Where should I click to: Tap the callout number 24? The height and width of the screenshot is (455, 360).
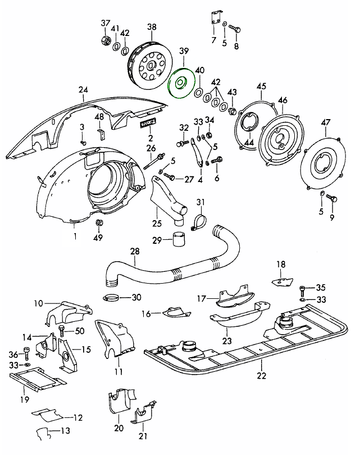coord(84,89)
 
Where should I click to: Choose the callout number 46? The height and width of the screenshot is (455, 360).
coord(282,101)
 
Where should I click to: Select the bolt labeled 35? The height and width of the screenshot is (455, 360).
coord(303,289)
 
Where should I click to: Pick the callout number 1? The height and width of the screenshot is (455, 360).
coord(74,236)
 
